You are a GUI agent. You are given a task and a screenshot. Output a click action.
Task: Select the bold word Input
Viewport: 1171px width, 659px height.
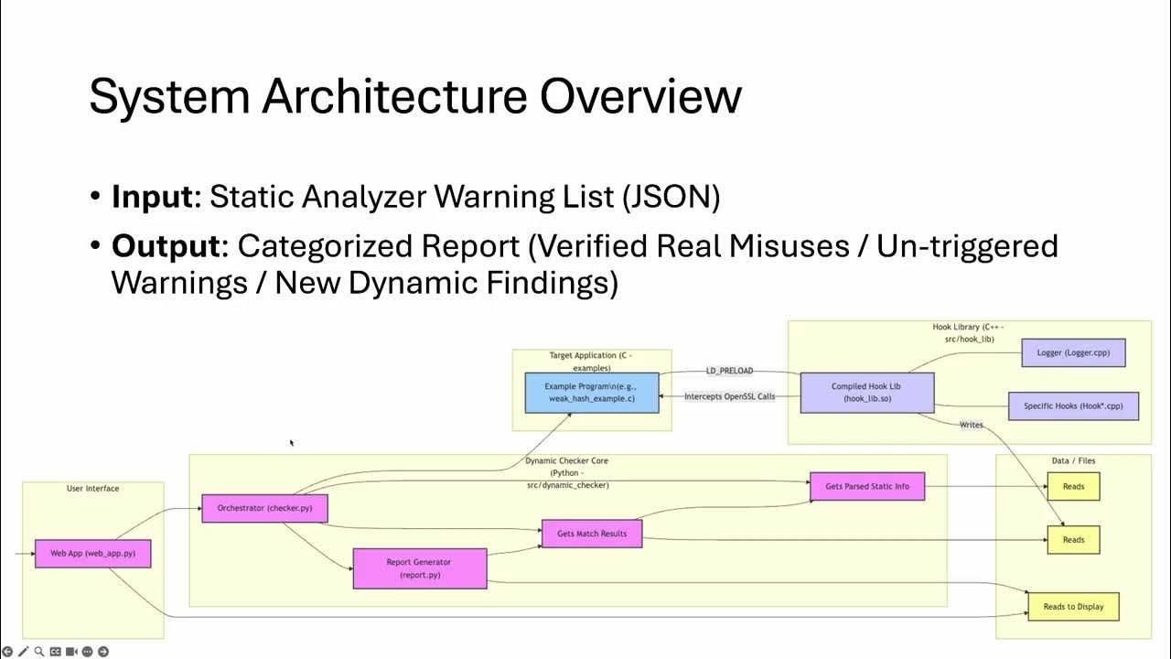pos(153,198)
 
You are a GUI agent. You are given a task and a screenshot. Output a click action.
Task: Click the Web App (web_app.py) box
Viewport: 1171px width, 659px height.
pos(92,554)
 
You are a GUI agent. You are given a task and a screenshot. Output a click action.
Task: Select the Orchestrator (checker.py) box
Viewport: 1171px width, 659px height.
pos(264,508)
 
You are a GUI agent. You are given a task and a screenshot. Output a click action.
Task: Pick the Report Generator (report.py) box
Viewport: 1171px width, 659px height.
pos(419,568)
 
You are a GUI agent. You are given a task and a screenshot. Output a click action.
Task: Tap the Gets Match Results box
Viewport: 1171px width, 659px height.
pos(592,534)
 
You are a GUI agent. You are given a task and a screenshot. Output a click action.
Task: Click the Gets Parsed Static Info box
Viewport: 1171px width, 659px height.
pos(867,486)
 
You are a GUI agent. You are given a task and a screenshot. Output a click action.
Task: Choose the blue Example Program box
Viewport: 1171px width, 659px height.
pos(591,393)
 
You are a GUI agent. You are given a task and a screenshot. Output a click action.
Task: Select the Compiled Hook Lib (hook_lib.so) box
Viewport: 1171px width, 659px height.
pos(867,393)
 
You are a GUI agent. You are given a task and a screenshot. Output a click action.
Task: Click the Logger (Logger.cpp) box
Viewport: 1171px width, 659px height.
pos(1073,352)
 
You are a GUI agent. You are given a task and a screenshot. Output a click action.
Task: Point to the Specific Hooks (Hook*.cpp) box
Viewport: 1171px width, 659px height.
pos(1073,405)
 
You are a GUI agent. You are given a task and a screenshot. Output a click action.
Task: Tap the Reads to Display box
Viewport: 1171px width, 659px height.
pos(1073,607)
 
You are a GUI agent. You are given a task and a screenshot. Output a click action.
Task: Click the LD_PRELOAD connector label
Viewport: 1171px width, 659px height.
pos(729,371)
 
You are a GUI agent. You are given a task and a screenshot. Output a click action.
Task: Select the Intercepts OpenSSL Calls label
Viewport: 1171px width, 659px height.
pos(729,396)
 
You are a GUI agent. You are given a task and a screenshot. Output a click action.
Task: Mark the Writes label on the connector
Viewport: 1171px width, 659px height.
pos(971,425)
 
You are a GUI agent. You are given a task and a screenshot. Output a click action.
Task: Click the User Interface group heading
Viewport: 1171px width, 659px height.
pos(92,489)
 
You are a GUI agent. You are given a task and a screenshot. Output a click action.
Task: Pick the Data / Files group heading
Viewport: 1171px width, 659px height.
pos(1073,460)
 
